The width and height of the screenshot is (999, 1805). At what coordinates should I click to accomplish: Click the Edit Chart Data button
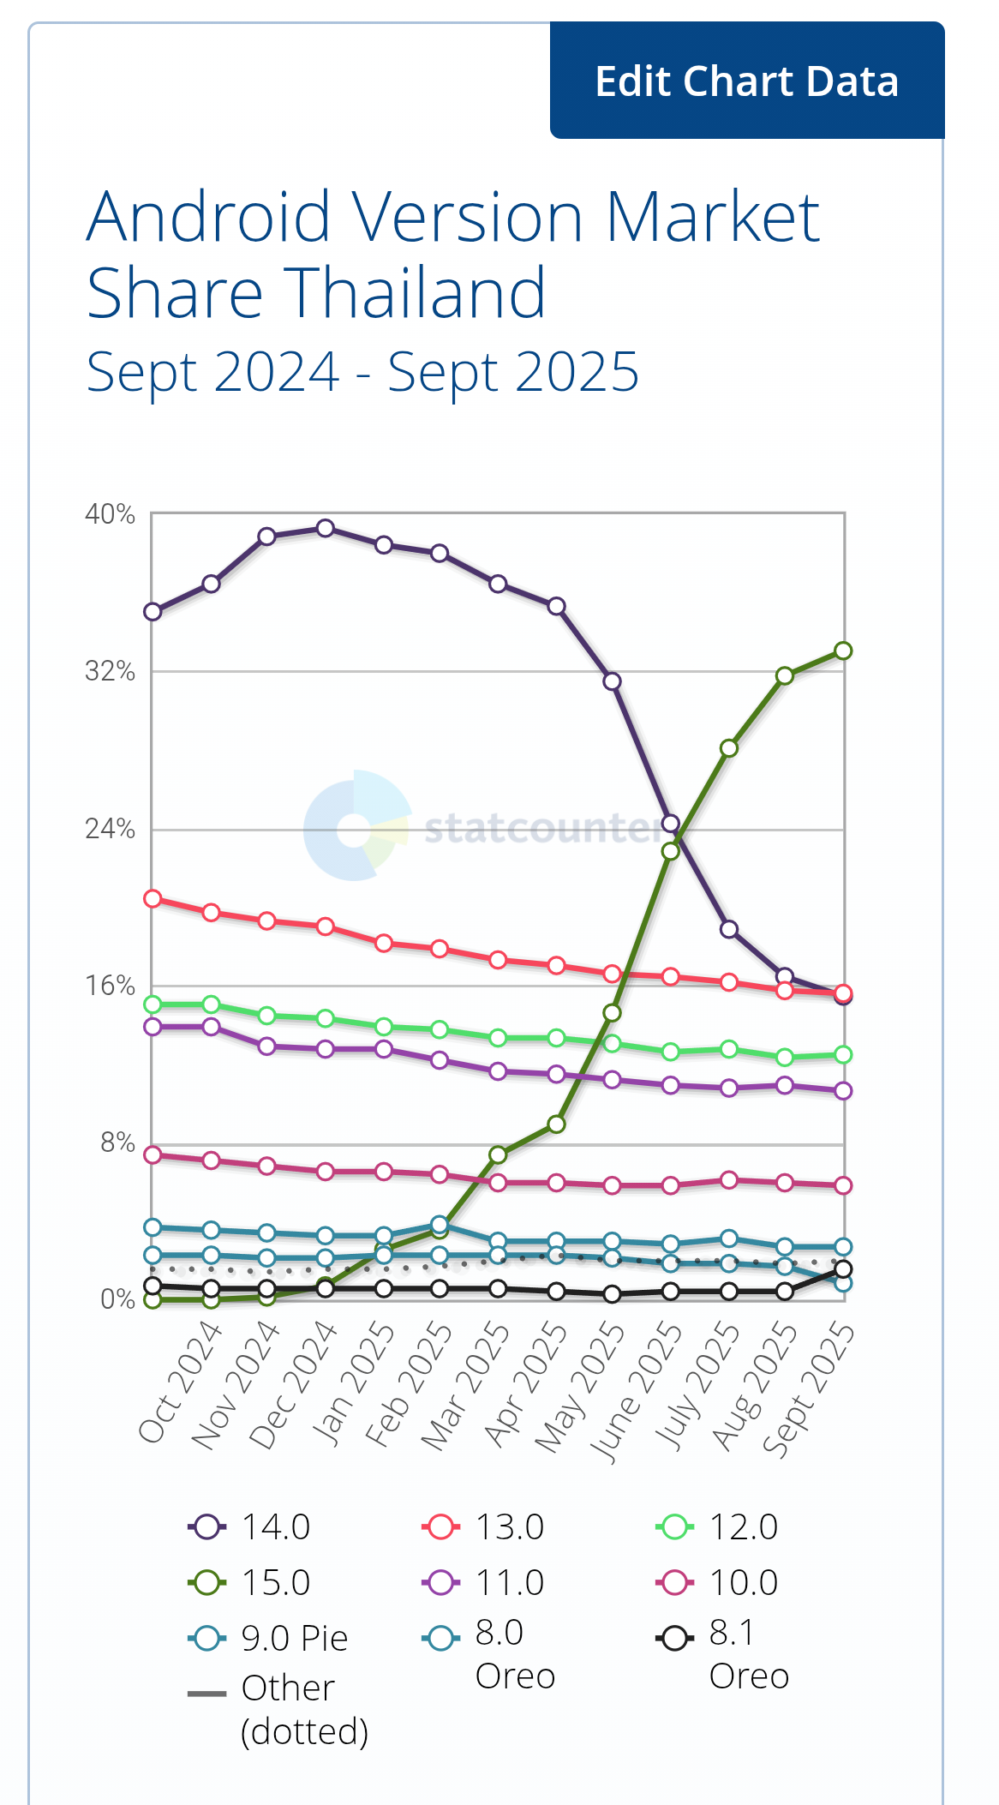click(x=746, y=81)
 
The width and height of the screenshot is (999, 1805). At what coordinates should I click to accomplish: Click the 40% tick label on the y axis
click(x=110, y=514)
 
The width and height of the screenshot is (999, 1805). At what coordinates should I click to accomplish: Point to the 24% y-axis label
click(x=110, y=829)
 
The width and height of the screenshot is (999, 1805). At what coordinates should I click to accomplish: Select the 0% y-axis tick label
click(x=117, y=1299)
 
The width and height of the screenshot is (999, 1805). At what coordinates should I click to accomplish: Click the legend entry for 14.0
click(x=249, y=1526)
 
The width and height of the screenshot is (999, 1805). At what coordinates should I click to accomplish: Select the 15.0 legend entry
click(x=249, y=1582)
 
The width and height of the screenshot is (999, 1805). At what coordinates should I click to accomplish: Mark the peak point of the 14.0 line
click(x=325, y=528)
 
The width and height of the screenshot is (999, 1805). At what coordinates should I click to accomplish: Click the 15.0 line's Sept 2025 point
click(x=843, y=651)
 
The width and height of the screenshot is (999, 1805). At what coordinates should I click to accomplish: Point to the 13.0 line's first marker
click(x=153, y=898)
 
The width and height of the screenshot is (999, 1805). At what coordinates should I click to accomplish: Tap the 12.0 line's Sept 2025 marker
click(x=843, y=1054)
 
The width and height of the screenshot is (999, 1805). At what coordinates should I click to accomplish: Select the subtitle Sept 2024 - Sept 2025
click(x=362, y=372)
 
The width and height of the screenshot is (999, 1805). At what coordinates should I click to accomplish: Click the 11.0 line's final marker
click(x=843, y=1090)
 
